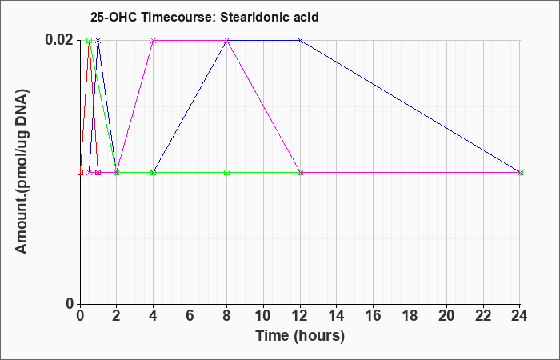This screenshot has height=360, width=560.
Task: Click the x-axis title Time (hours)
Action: [300, 336]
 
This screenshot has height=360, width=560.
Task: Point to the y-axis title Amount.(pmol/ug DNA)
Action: [22, 171]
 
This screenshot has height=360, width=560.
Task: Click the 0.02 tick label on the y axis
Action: [59, 40]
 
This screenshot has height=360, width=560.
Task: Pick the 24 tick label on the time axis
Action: [520, 315]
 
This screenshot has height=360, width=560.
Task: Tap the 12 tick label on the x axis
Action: [300, 315]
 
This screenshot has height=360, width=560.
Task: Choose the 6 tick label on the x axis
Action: [190, 315]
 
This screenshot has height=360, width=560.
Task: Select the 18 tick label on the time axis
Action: [410, 315]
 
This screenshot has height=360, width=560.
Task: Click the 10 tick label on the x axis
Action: [263, 315]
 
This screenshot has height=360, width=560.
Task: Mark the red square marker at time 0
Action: [80, 173]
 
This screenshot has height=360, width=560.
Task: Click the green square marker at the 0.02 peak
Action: [90, 40]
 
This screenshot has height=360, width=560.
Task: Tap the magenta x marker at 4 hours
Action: [154, 40]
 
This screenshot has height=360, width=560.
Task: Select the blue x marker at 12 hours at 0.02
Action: [300, 40]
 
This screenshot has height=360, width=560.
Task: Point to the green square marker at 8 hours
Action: [226, 173]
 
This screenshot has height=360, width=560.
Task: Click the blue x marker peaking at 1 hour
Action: [98, 40]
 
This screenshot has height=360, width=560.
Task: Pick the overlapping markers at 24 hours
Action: [520, 173]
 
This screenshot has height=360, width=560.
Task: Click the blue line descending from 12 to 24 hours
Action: [410, 106]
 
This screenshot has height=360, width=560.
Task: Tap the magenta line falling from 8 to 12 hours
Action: [263, 106]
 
